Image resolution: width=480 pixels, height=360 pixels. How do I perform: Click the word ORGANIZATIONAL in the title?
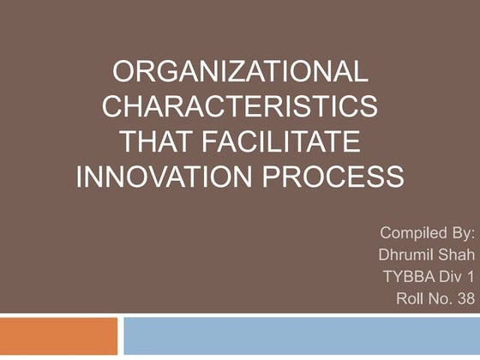[239, 72]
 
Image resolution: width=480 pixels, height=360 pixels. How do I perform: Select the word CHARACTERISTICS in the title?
[239, 107]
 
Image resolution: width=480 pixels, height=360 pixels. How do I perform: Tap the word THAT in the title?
[159, 142]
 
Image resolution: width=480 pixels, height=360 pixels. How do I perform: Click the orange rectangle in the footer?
[58, 336]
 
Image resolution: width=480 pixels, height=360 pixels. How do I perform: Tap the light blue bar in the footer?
[301, 336]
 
